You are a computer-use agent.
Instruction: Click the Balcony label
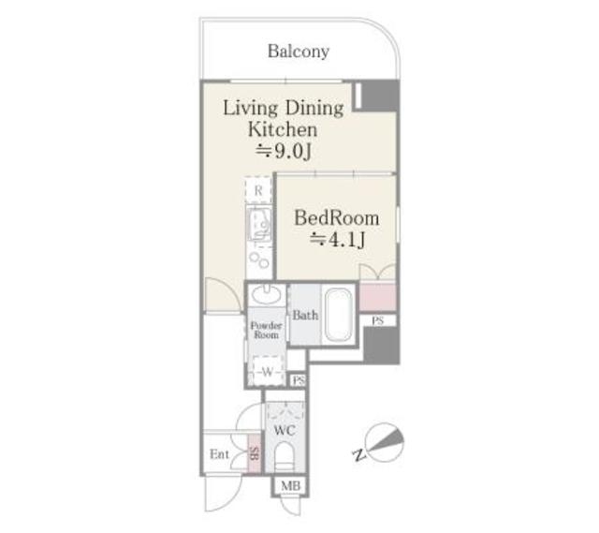coord(299,52)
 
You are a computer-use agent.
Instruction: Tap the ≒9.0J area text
coord(284,152)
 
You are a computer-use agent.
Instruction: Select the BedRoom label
coord(337,218)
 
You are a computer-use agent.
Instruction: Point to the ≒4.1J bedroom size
coord(337,240)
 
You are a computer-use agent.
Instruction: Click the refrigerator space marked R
coord(258,190)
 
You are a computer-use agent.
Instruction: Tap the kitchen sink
coord(259,223)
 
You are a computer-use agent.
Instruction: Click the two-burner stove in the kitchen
coord(259,260)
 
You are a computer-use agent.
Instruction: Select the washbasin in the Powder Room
coord(267,294)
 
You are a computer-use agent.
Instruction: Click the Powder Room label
coord(266,330)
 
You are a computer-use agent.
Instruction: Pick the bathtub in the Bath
coord(338,315)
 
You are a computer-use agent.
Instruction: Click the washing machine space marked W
coord(268,371)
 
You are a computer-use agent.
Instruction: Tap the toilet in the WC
coord(285,456)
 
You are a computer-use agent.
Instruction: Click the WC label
coord(285,431)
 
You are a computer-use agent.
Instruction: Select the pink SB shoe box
coord(255,453)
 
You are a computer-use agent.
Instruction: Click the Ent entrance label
coord(219,454)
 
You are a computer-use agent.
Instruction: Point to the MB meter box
coord(291,486)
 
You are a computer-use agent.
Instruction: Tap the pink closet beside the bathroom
coord(377,298)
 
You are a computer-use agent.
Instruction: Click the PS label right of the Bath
coord(378,320)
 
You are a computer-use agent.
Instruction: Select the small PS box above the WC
coord(298,380)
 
